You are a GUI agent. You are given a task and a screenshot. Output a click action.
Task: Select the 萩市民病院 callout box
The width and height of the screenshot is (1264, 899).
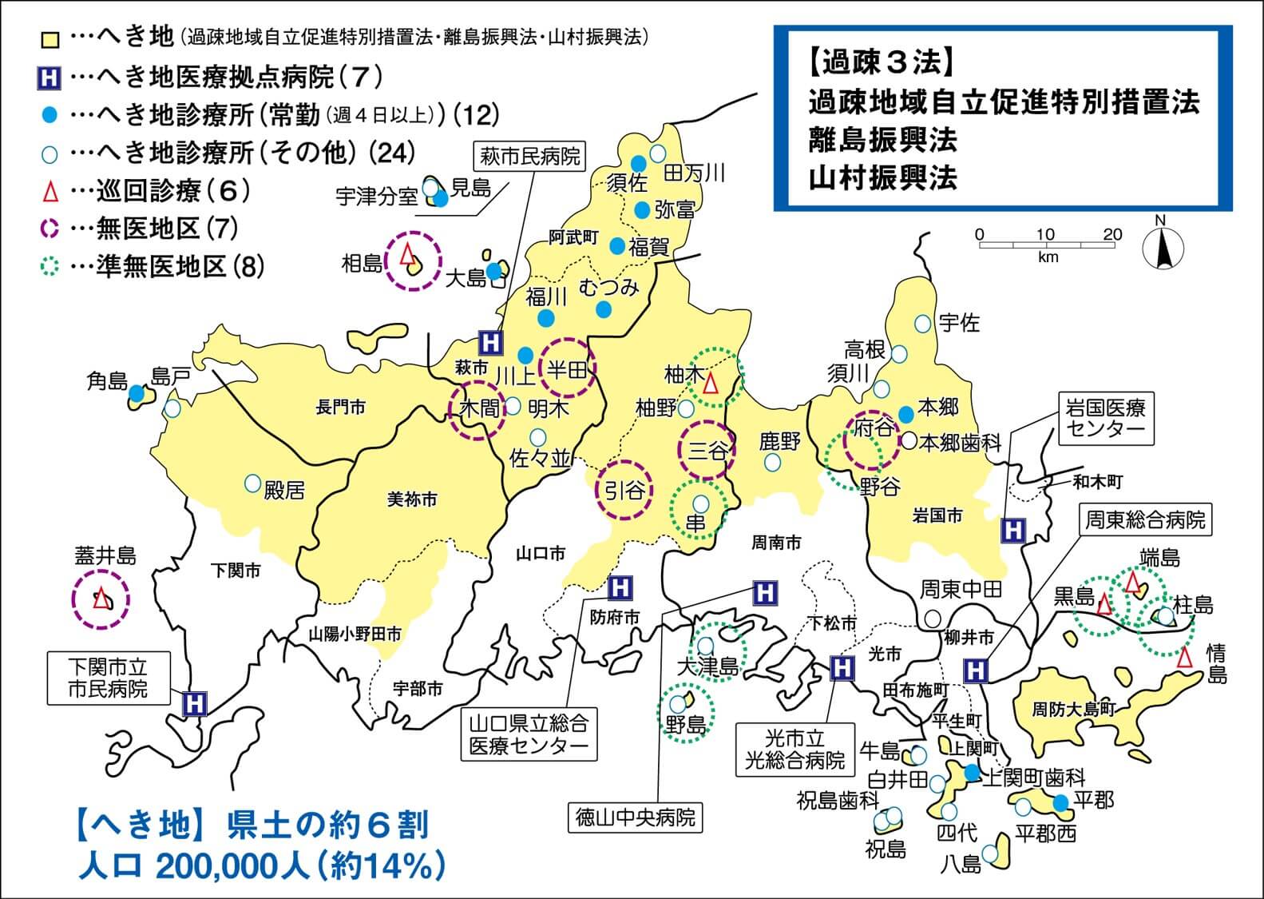tap(530, 156)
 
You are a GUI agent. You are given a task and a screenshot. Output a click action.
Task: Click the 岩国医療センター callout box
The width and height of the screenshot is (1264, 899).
tap(1106, 418)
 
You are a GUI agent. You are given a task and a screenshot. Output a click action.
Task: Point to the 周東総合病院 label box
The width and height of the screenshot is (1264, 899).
tap(1143, 521)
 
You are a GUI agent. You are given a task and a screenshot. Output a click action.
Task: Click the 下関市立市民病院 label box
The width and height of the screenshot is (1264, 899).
tap(108, 678)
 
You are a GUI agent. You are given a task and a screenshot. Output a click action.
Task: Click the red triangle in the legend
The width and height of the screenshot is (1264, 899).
tap(50, 192)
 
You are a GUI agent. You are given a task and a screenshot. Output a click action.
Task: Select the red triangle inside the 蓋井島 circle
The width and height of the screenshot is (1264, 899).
tap(101, 598)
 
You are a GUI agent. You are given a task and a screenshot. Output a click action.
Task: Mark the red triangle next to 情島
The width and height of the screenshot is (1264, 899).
tap(1185, 657)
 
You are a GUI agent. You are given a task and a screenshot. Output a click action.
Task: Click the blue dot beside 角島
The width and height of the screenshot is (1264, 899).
tap(137, 393)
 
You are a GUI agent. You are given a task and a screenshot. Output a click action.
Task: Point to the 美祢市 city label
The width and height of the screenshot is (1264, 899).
tap(411, 499)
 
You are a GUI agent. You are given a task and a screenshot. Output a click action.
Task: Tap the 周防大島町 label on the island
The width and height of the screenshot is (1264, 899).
tap(1073, 709)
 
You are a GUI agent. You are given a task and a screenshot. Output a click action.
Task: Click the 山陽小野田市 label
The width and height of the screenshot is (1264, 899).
tap(355, 634)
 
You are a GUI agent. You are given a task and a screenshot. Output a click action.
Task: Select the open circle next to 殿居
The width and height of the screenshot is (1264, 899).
tap(252, 483)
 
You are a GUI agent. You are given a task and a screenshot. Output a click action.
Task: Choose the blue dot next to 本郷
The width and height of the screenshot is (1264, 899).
tap(906, 414)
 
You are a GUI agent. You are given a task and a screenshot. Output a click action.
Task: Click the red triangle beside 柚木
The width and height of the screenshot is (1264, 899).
tap(711, 384)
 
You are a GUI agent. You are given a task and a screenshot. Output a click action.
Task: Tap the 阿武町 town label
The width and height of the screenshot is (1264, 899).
tap(573, 237)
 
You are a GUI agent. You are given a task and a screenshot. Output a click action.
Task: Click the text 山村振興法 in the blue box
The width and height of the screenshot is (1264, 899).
tap(882, 178)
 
